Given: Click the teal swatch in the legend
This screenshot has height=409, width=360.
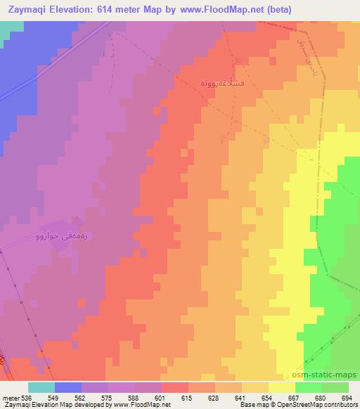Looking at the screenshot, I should [x=41, y=387].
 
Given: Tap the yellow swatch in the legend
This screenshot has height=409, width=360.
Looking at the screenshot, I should [x=282, y=387].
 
